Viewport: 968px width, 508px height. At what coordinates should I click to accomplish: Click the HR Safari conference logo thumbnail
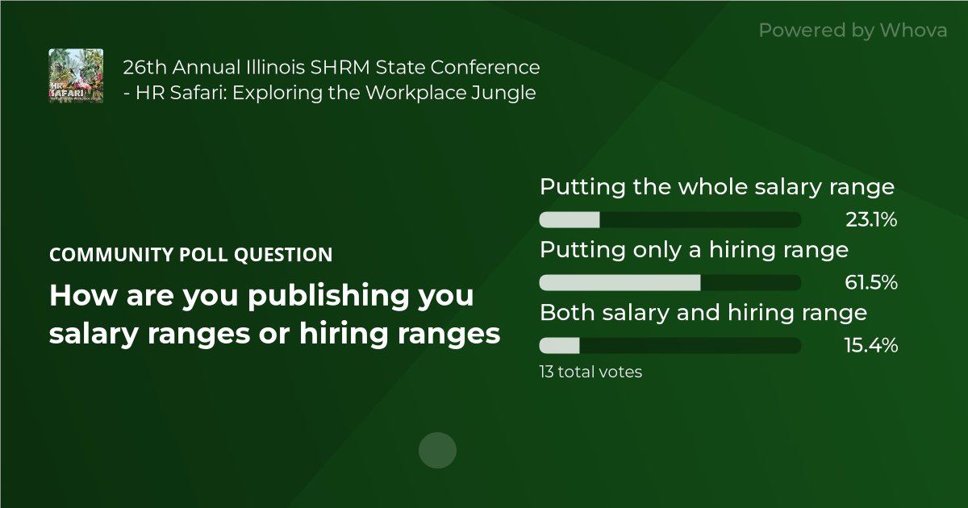click(76, 76)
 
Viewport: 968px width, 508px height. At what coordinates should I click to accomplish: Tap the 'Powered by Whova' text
click(853, 31)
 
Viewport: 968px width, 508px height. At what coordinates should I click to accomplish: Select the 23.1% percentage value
click(872, 220)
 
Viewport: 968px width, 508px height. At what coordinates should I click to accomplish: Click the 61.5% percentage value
click(872, 283)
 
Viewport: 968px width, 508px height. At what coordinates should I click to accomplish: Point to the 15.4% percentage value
click(872, 346)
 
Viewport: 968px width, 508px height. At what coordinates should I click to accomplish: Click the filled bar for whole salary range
click(570, 220)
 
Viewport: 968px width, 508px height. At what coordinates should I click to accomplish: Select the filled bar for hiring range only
click(620, 283)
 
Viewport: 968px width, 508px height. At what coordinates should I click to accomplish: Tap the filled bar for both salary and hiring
click(559, 346)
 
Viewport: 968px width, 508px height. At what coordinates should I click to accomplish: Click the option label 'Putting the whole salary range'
click(717, 187)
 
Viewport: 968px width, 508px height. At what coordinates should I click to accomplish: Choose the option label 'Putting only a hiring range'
click(694, 250)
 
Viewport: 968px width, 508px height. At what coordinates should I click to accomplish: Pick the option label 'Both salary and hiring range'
click(703, 313)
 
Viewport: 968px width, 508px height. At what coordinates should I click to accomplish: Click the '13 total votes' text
click(590, 373)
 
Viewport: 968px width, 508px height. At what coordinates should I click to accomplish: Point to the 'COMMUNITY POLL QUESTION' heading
click(190, 255)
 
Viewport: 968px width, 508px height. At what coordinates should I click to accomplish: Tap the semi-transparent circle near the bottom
click(437, 450)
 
